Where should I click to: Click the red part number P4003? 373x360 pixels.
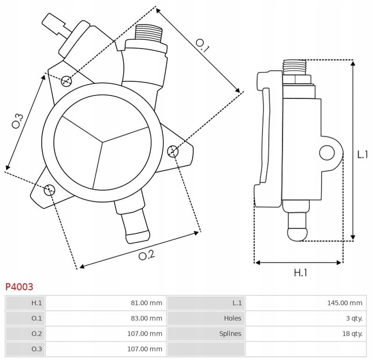[x=19, y=287]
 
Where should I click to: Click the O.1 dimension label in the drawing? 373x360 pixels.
[x=202, y=45]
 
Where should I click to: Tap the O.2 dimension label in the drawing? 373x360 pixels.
[x=146, y=255]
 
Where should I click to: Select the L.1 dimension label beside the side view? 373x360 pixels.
[x=362, y=154]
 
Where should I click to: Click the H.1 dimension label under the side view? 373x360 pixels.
[x=300, y=272]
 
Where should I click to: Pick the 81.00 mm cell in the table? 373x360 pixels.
[x=146, y=303]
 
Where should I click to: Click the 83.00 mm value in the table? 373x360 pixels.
[x=146, y=318]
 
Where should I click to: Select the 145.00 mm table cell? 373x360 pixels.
[x=344, y=303]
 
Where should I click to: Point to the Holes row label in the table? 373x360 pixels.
[x=233, y=318]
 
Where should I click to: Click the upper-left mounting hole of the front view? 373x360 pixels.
[x=66, y=81]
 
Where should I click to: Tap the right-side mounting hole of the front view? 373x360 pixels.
[x=173, y=150]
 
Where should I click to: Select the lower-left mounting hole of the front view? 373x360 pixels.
[x=49, y=190]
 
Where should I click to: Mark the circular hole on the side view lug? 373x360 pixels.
[x=327, y=152]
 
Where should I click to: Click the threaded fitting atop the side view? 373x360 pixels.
[x=294, y=67]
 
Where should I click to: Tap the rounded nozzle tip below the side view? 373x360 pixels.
[x=298, y=232]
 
